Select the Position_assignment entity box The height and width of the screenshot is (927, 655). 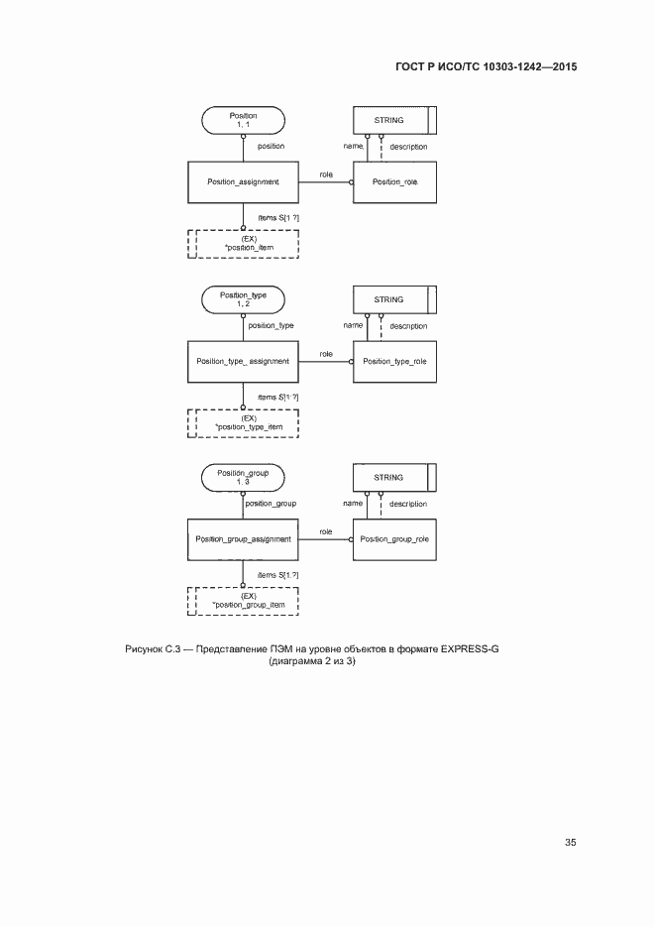coord(243,182)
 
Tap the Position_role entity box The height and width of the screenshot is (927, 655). coord(394,182)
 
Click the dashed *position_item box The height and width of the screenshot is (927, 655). coord(243,244)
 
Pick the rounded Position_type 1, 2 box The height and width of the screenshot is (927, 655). coord(243,299)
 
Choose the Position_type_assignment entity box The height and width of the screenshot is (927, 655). coord(243,361)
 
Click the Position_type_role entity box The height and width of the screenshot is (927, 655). coord(394,361)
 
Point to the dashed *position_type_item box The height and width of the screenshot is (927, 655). coord(243,422)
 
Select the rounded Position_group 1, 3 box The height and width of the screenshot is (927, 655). coord(243,478)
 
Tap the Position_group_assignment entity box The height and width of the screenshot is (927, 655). coord(243,539)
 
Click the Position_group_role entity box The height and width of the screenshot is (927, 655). coord(394,539)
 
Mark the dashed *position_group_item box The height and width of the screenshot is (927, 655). coord(243,600)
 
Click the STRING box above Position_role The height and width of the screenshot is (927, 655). coord(394,120)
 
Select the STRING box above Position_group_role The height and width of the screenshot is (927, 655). coord(394,478)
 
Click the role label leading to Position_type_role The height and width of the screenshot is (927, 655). coord(326,354)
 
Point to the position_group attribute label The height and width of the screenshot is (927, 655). coord(272,504)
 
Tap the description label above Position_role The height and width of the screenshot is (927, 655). coord(408,147)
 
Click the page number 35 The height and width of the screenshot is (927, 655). coord(571,843)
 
